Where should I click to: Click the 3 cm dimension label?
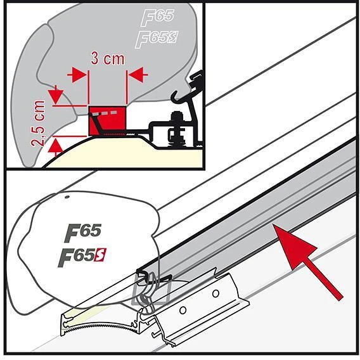[x=108, y=58]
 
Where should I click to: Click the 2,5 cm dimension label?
[x=38, y=123]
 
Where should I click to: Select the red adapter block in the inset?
[x=107, y=120]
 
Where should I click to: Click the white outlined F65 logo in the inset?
[x=158, y=17]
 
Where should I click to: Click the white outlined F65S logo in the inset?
[x=157, y=39]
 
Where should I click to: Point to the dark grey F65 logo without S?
[x=82, y=233]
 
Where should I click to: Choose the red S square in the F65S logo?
[x=100, y=255]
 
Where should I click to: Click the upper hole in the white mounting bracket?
[x=215, y=293]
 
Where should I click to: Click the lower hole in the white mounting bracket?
[x=183, y=311]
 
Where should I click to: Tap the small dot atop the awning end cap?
[x=67, y=196]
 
